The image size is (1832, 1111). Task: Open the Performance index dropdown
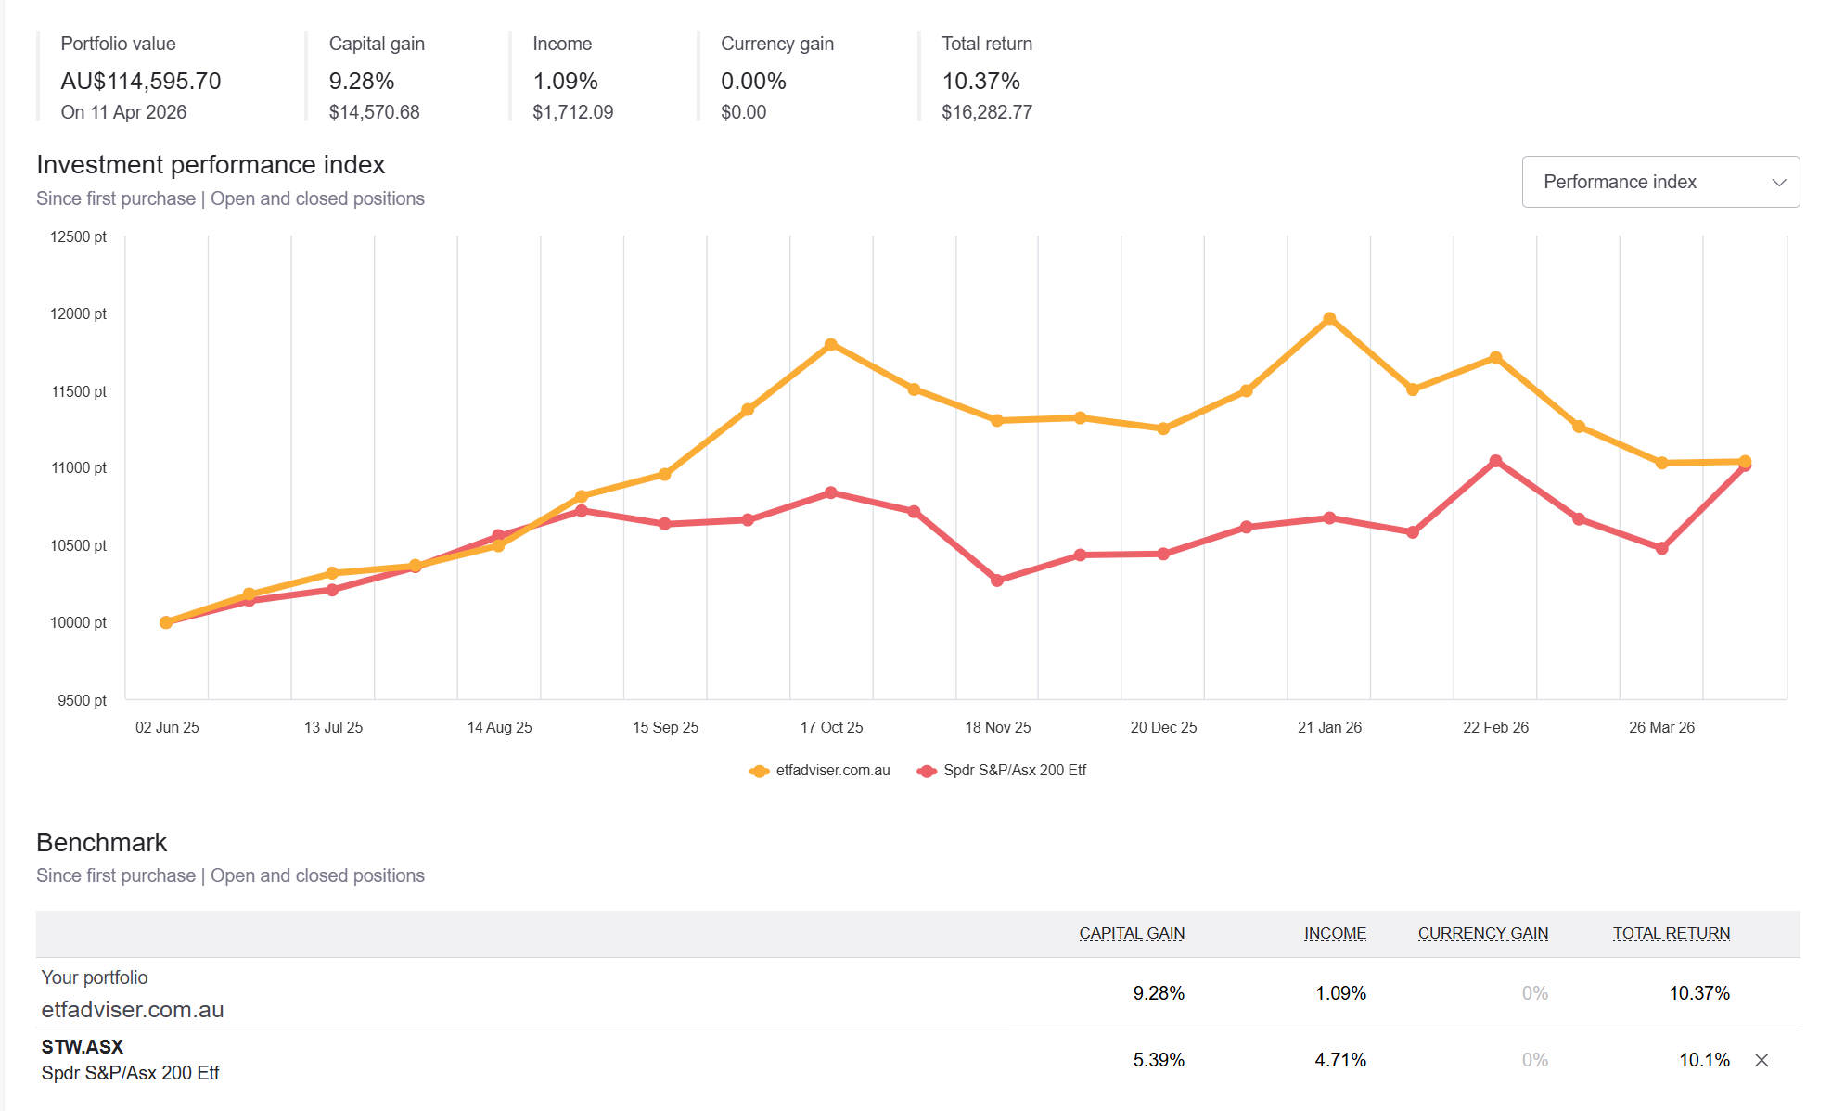pos(1659,182)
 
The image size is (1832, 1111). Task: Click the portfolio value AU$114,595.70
pos(141,82)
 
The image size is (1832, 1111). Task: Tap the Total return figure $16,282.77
pos(986,112)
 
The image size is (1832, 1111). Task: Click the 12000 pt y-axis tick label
pos(79,313)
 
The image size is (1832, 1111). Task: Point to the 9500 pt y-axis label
pos(82,700)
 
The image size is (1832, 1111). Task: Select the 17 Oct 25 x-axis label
pos(831,727)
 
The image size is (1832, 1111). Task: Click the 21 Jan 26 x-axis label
pos(1328,727)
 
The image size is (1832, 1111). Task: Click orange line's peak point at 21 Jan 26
pos(1328,319)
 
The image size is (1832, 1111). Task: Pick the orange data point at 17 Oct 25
pos(831,345)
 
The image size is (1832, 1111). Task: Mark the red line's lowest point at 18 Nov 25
pos(997,581)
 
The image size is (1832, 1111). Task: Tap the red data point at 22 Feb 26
pos(1495,461)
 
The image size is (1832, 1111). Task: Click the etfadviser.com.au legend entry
pos(820,771)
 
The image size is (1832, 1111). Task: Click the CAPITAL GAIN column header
pos(1131,933)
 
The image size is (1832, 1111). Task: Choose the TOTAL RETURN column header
pos(1671,933)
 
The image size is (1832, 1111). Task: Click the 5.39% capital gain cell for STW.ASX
pos(1158,1060)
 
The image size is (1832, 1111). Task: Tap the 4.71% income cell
pos(1339,1060)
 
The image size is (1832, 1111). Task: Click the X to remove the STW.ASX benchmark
pos(1762,1060)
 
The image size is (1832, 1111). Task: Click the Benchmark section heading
pos(102,842)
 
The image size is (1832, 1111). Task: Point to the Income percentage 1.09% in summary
pos(565,82)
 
